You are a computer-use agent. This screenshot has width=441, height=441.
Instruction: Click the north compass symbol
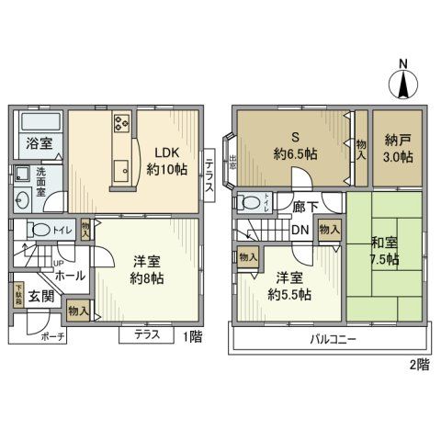pos(403,84)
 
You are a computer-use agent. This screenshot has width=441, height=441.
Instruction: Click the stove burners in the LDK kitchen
pos(122,125)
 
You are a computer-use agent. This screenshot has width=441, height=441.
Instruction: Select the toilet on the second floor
pos(247,204)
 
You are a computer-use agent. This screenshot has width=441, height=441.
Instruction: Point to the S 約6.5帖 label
pos(293,146)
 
